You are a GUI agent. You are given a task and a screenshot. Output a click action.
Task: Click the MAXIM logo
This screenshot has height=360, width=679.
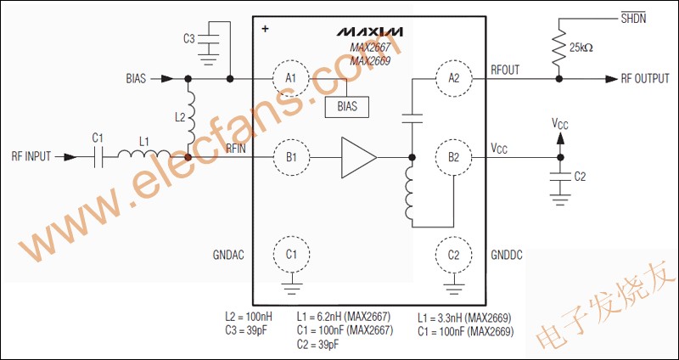point(369,31)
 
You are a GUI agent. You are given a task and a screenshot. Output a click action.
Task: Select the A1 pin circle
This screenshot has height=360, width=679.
point(291,78)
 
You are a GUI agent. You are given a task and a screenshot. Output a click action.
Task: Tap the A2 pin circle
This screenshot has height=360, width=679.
point(452,78)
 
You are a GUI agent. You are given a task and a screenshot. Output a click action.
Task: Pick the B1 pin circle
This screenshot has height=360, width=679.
point(291,157)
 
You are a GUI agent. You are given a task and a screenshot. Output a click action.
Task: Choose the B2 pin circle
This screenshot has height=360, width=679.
point(452,157)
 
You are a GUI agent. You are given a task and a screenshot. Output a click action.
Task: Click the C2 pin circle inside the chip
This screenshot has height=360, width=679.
point(452,254)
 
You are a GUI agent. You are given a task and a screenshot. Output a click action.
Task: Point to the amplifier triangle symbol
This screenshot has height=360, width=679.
point(357,157)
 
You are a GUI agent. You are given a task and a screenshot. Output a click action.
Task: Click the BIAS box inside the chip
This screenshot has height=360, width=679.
point(346,107)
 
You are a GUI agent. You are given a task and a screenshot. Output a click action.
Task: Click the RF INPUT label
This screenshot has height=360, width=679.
point(31,157)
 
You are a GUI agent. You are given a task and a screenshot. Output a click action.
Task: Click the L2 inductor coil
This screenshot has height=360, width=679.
point(190,119)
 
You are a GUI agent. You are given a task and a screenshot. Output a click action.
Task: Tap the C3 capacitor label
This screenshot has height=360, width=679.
point(188,38)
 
